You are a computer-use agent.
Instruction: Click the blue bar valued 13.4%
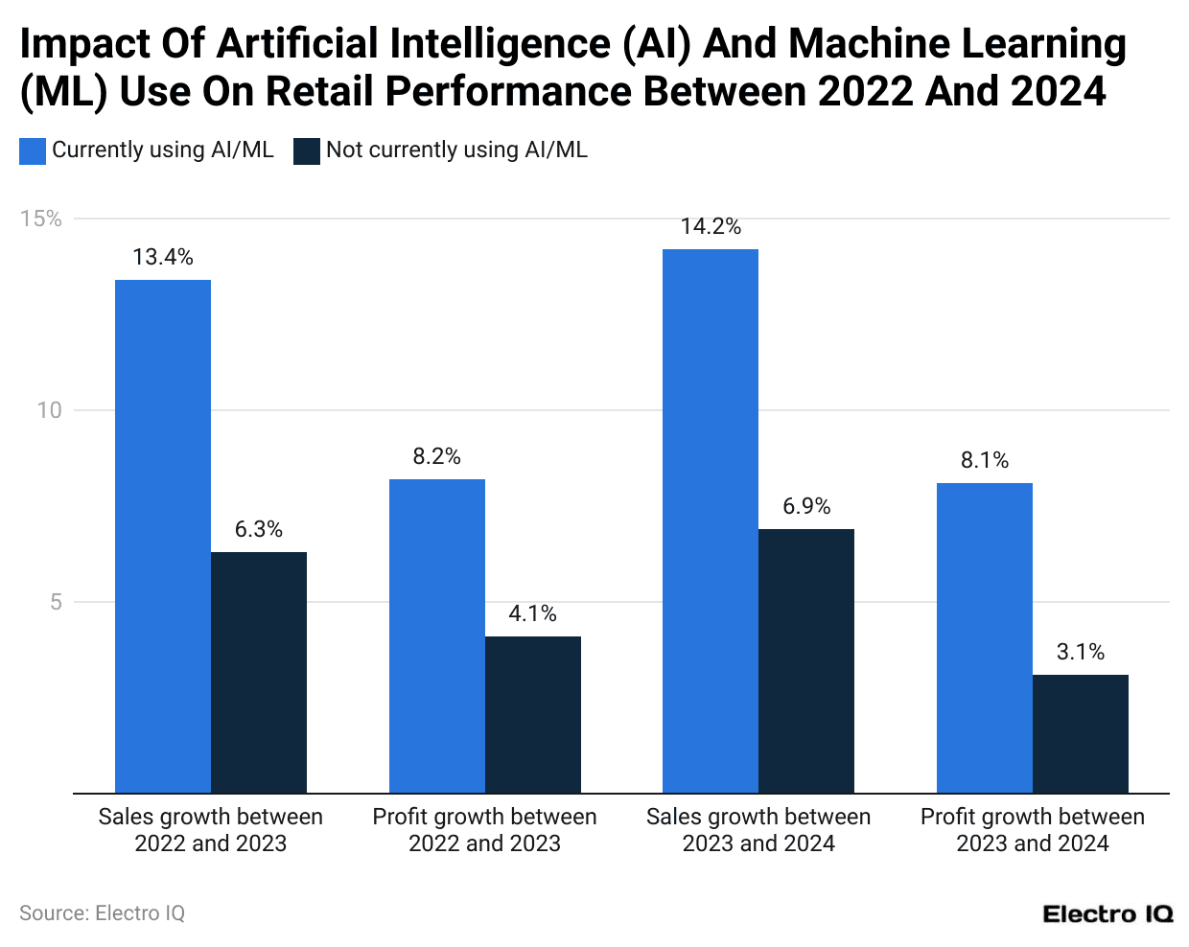[163, 536]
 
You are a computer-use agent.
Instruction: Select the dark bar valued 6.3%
[259, 672]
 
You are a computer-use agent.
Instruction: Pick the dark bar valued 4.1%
[533, 714]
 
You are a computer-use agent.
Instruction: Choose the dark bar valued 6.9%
[806, 660]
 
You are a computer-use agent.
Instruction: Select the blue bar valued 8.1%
[985, 637]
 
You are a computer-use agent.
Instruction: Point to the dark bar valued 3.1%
[1081, 733]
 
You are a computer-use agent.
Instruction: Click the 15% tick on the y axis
[41, 219]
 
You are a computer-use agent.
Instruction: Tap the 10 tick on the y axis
[49, 410]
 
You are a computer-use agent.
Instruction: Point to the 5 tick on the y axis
[56, 602]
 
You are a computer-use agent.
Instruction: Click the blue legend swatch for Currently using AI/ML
[33, 150]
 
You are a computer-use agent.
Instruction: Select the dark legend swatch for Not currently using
[307, 150]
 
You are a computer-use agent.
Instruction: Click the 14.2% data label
[711, 226]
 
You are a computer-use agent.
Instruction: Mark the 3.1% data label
[1081, 652]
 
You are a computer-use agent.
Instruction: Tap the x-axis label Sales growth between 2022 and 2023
[211, 830]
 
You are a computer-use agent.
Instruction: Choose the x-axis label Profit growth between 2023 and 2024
[1033, 830]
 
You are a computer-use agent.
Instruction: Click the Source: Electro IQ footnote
[102, 913]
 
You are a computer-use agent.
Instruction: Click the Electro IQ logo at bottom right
[1107, 913]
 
